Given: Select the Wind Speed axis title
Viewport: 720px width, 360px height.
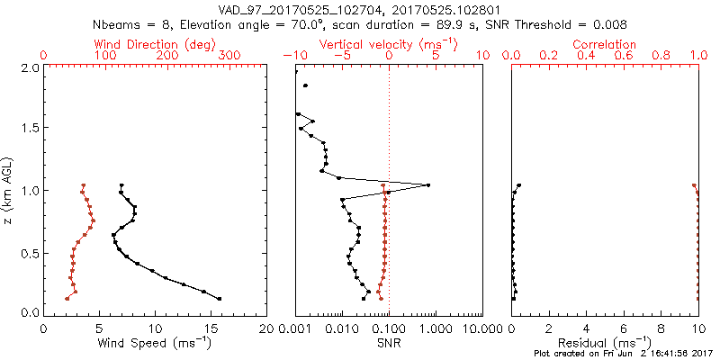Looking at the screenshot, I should pos(155,342).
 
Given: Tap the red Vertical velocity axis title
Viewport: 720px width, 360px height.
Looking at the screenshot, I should pos(389,44).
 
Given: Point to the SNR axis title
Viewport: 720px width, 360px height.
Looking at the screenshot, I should pos(389,342).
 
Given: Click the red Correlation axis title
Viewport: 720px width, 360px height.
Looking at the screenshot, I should pos(605,44).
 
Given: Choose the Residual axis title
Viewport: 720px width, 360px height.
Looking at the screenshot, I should pos(605,342).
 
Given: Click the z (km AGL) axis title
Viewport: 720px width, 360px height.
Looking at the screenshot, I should pos(8,190).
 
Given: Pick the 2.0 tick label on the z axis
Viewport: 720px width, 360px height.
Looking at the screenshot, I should pos(29,67).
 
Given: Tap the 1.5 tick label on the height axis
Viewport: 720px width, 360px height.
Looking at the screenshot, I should pos(29,129).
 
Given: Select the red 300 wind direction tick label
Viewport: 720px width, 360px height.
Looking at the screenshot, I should pos(229,56).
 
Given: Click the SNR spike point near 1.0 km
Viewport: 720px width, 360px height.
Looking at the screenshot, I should pos(427,185).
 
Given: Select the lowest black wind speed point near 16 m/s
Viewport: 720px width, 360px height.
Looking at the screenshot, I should pos(219,298).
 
